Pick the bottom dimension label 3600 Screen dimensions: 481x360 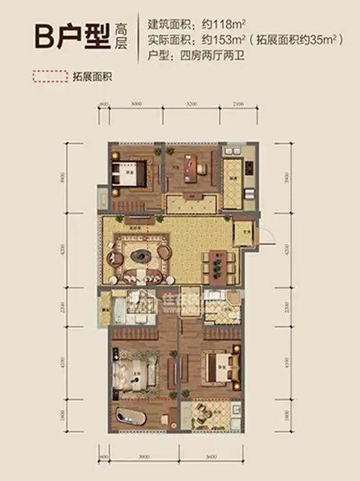(214, 457)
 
